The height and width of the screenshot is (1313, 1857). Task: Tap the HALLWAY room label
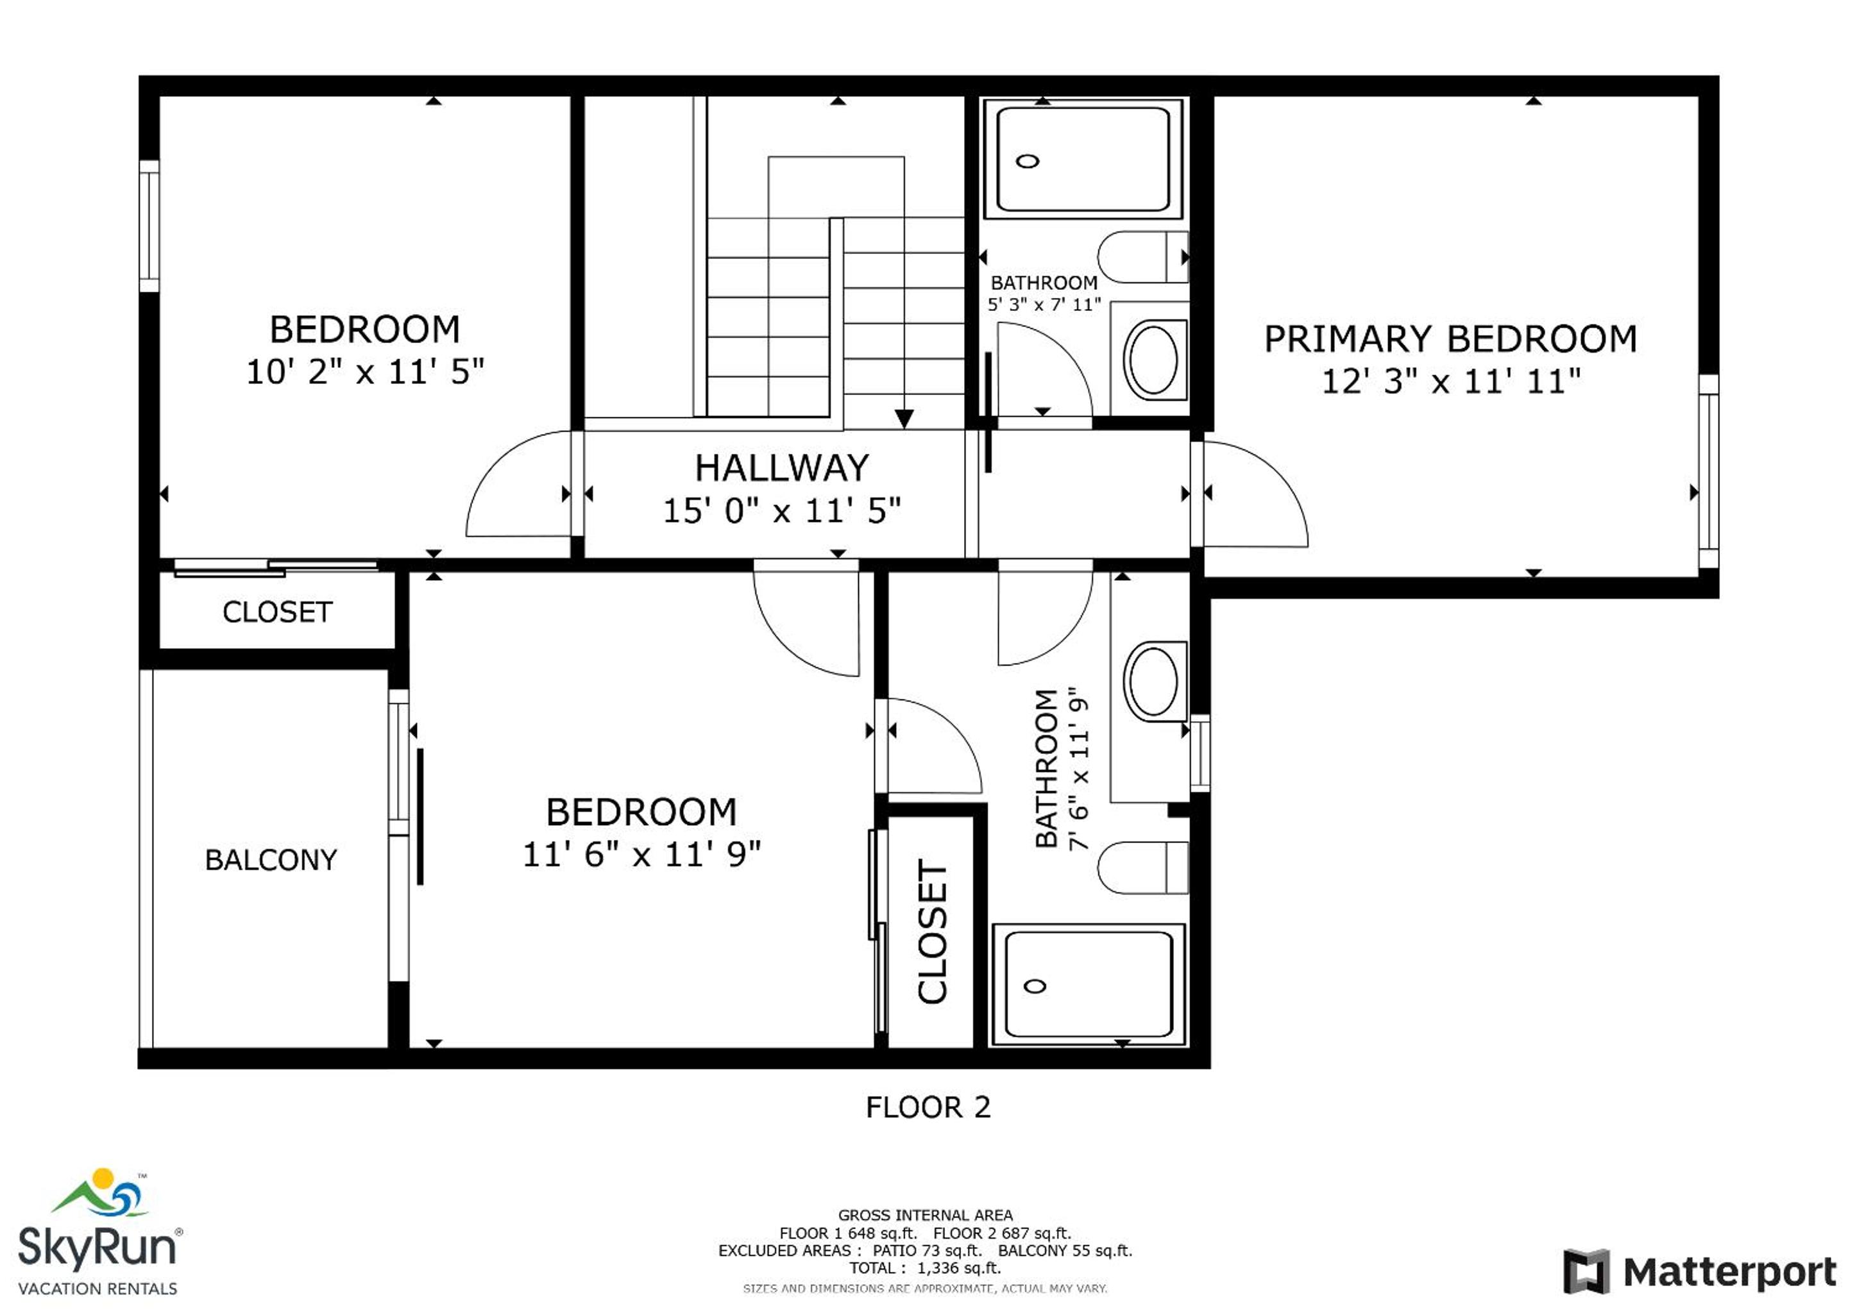point(782,468)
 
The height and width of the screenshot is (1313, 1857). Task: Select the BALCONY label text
point(271,860)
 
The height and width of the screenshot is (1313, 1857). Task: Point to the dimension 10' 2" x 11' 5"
point(365,372)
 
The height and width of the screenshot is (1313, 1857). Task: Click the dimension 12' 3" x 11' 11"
point(1451,381)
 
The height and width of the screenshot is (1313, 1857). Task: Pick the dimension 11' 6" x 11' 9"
point(641,855)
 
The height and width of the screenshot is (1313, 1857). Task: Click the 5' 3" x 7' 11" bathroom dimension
point(1044,305)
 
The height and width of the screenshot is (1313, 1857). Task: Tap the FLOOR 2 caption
point(928,1107)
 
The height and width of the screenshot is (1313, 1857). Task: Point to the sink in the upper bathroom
point(1153,359)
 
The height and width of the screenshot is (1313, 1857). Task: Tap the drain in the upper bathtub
point(1027,161)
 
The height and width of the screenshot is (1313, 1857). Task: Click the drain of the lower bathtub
point(1035,985)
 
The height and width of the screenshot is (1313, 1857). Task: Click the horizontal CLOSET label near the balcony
point(277,612)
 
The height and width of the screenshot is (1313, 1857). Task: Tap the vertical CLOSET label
point(932,932)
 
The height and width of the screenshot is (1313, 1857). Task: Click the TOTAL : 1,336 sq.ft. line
point(925,1267)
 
